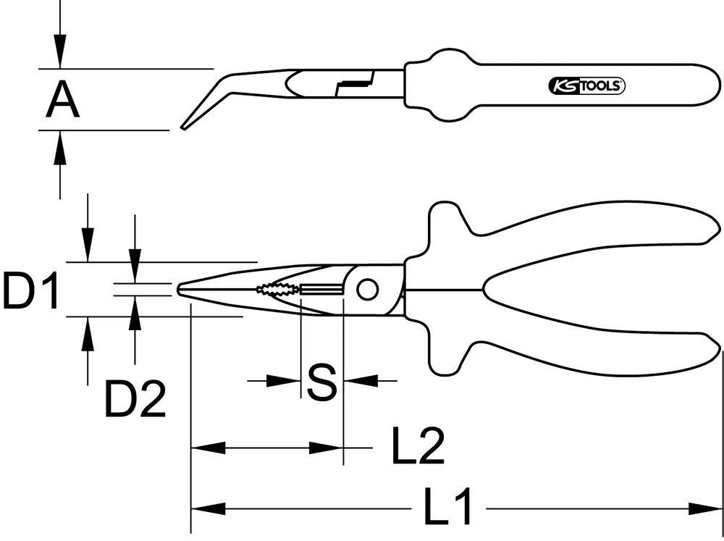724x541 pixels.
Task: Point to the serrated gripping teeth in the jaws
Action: [276, 290]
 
